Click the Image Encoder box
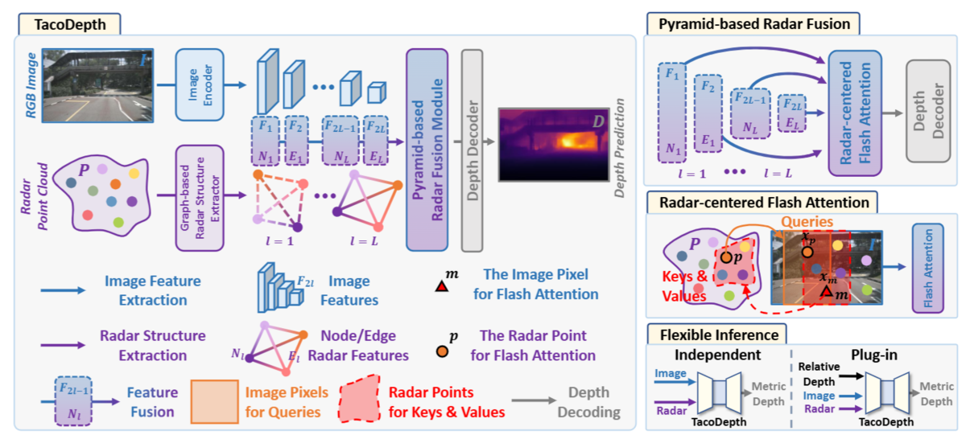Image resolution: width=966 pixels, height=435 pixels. click(200, 84)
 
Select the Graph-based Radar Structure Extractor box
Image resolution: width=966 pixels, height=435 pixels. click(200, 198)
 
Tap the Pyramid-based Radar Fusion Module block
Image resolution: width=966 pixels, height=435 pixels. click(427, 150)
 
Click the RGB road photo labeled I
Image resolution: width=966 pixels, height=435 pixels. click(98, 85)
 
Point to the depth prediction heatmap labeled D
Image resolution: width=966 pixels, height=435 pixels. click(554, 144)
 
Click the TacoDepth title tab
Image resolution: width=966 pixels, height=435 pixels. click(69, 24)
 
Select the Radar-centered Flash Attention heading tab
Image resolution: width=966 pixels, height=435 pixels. click(762, 203)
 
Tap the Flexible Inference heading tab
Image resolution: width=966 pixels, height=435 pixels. click(716, 334)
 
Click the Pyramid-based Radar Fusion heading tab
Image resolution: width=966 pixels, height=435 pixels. click(753, 23)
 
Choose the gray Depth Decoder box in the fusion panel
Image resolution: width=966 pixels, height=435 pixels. click(928, 111)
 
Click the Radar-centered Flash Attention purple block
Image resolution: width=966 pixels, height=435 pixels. click(855, 113)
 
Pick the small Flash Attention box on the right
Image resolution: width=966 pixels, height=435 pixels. click(928, 268)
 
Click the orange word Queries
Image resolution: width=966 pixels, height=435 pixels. click(807, 221)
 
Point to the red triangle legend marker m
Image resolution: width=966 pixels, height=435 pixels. click(442, 286)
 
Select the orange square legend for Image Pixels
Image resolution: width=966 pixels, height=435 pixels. click(215, 401)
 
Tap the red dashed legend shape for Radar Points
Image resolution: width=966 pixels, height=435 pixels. click(360, 399)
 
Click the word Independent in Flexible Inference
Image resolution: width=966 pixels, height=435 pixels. click(717, 355)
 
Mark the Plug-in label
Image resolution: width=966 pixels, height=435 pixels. click(874, 355)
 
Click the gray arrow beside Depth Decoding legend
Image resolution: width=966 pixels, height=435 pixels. click(534, 400)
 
